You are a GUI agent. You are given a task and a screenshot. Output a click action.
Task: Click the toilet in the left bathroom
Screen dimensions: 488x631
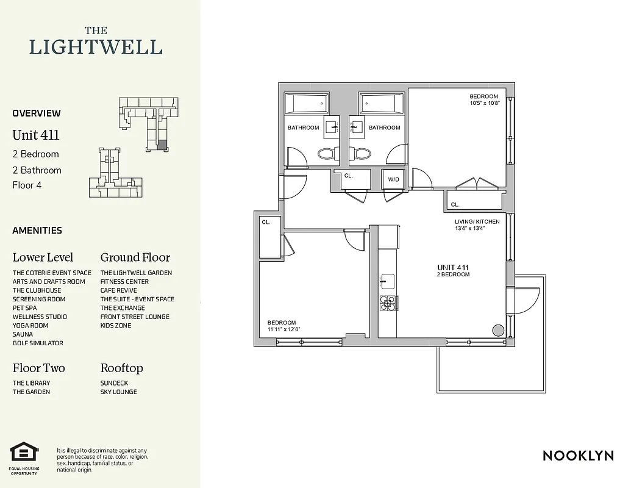pos(326,153)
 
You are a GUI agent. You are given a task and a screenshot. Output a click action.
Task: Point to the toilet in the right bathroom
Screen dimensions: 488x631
pos(362,153)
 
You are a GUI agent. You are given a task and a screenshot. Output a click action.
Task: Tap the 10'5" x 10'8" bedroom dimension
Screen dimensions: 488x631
pos(484,103)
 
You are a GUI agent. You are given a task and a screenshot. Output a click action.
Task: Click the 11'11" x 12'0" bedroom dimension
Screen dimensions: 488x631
pos(283,329)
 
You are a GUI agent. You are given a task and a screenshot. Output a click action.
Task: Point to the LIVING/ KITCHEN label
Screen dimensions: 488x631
pos(477,221)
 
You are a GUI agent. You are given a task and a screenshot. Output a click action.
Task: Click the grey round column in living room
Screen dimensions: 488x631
pos(498,330)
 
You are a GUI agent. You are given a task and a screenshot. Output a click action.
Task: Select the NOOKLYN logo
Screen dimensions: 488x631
pos(577,455)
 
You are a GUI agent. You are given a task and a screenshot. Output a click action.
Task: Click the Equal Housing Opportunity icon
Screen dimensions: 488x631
pos(24,453)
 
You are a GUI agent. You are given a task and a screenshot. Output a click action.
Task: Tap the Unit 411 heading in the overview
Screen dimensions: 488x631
pos(36,135)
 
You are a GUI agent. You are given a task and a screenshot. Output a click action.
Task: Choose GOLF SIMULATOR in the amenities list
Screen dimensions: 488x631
pos(38,343)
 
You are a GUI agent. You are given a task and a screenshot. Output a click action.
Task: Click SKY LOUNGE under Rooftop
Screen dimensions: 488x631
pos(118,392)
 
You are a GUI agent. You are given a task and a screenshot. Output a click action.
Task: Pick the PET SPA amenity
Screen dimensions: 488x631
pos(24,308)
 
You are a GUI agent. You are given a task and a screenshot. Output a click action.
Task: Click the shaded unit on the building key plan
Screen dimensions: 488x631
pos(161,145)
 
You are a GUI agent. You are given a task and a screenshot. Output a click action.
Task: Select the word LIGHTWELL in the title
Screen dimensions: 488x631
pos(96,47)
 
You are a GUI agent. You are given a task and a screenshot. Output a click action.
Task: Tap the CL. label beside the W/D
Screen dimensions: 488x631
pos(348,175)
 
